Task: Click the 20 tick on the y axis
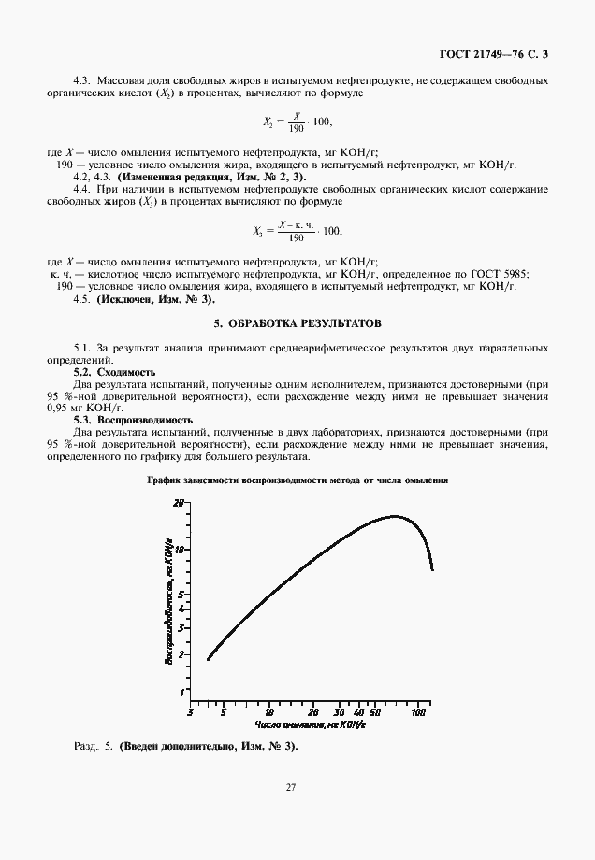tap(180, 503)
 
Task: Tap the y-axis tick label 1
tap(181, 693)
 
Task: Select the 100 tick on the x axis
tap(419, 712)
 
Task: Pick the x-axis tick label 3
tap(191, 712)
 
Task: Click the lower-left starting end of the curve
tap(208, 659)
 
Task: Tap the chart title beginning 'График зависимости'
tap(298, 480)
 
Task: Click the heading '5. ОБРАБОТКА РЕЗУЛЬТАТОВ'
tap(297, 322)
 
